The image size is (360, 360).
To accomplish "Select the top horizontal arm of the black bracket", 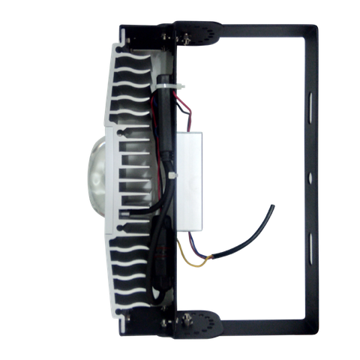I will click(x=255, y=31).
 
